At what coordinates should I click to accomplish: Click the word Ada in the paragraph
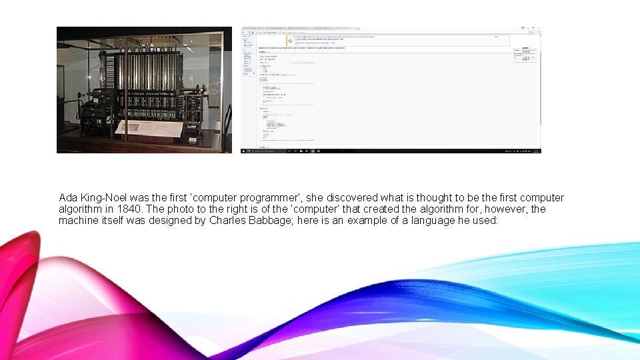pos(68,198)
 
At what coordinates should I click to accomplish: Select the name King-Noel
pos(104,198)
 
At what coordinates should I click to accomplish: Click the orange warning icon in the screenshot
pos(289,40)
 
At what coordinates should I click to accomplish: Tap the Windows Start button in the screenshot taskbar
pos(244,151)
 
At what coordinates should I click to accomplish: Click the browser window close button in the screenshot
pos(537,29)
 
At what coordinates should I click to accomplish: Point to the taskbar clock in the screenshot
pos(530,151)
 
